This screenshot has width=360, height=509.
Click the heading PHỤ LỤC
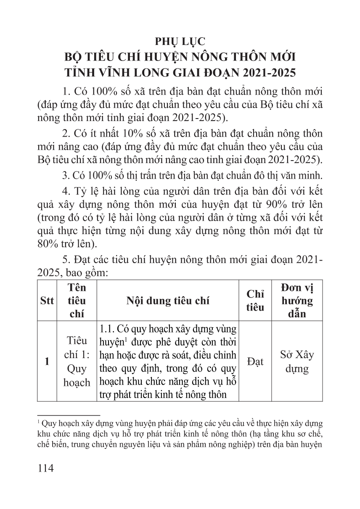(180, 41)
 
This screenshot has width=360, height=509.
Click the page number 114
(46, 467)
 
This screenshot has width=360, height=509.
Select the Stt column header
(46, 301)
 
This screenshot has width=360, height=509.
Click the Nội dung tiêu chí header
(167, 301)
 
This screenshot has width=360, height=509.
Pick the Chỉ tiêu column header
(255, 301)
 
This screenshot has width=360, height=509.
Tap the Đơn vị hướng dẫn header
(297, 301)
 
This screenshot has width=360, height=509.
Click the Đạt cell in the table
(255, 361)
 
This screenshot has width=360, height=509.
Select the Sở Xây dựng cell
(297, 361)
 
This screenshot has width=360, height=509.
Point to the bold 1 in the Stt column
(46, 361)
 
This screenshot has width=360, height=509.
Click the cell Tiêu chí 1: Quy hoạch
(77, 361)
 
